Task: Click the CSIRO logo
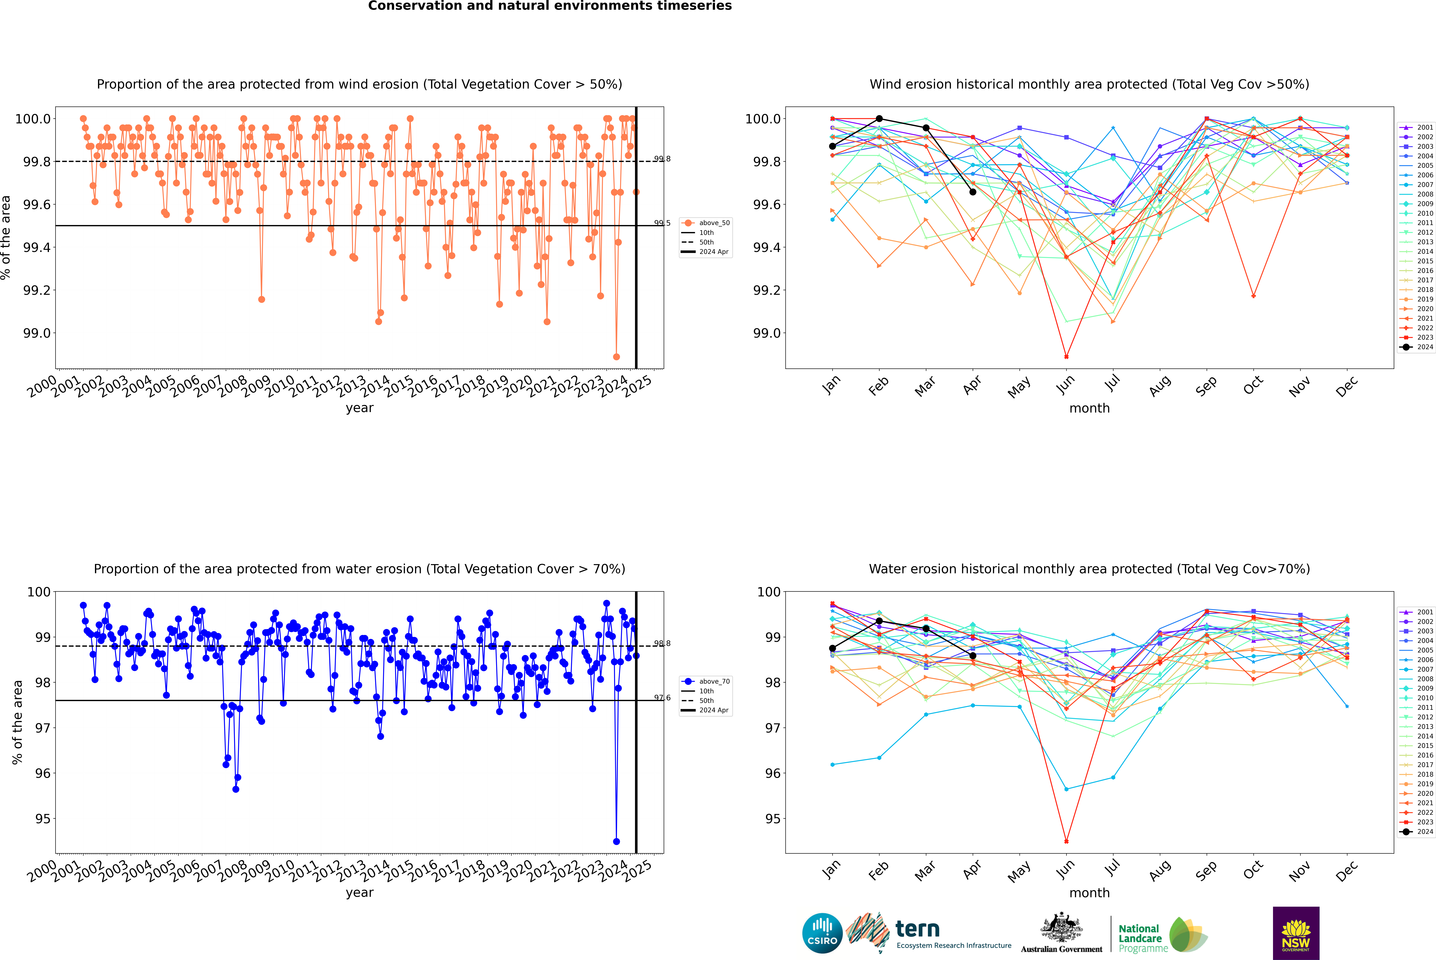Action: (x=822, y=933)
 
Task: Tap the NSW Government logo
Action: (x=1296, y=933)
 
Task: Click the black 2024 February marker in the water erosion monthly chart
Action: (x=879, y=621)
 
